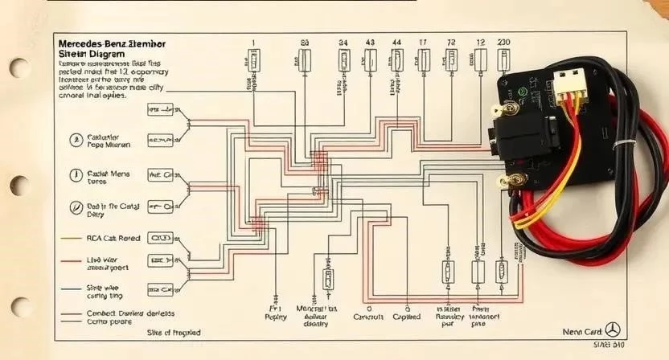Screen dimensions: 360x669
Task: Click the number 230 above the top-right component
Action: pyautogui.click(x=503, y=42)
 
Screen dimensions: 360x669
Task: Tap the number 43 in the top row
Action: pyautogui.click(x=370, y=42)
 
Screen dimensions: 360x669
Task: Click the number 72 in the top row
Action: pyautogui.click(x=451, y=42)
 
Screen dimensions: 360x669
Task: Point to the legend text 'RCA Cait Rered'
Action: pyautogui.click(x=113, y=238)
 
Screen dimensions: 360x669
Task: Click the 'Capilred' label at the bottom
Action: pyautogui.click(x=407, y=317)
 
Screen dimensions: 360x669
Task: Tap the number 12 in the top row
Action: pyautogui.click(x=480, y=42)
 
